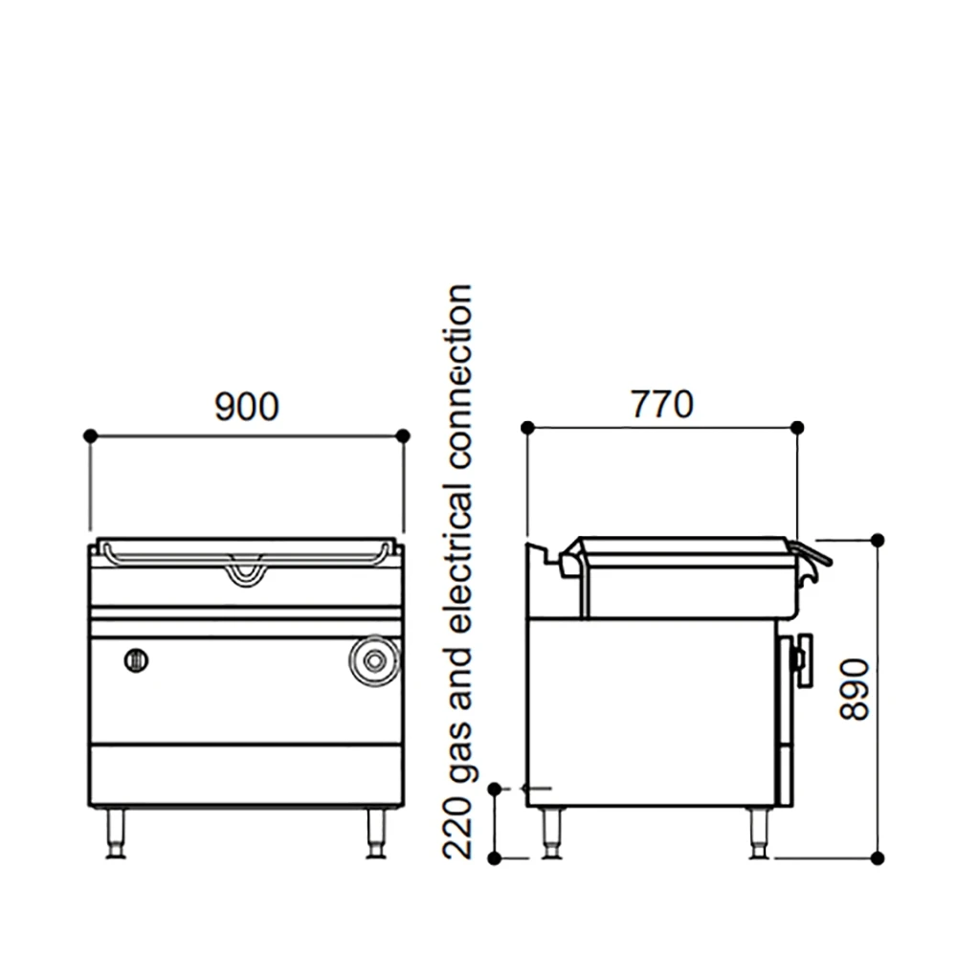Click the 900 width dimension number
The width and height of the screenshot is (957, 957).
[247, 407]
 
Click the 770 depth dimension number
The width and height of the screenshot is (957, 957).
[661, 405]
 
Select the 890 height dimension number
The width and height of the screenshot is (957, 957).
[856, 689]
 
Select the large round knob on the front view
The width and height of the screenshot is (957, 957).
[373, 660]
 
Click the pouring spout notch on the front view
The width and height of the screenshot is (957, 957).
[245, 571]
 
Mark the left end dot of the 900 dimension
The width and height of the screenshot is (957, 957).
[90, 435]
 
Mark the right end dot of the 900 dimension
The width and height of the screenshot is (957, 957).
[403, 435]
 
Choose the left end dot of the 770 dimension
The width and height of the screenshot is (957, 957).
[526, 428]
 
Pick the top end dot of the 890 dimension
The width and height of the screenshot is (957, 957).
[878, 541]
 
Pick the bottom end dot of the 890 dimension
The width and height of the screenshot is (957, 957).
[878, 857]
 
